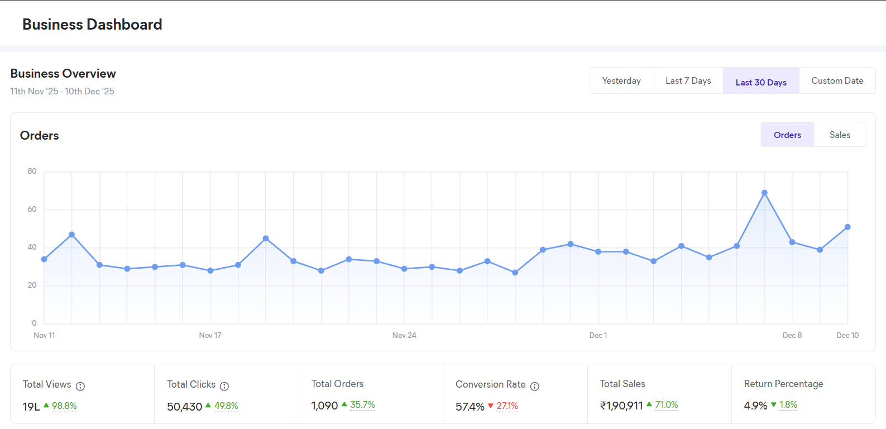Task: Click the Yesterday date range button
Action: [x=621, y=81]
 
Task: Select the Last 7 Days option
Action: [x=688, y=81]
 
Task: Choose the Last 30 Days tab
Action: [x=761, y=82]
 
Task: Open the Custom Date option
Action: [x=837, y=81]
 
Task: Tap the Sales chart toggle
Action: [x=840, y=135]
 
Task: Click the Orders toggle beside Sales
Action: [x=787, y=135]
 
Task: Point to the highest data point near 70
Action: [x=764, y=193]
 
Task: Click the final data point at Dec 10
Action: [x=847, y=227]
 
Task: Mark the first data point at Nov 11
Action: [x=44, y=259]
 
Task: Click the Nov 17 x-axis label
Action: [x=210, y=335]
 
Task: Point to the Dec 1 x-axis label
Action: [x=598, y=335]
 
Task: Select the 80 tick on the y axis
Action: [x=32, y=171]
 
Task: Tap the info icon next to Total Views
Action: [x=80, y=386]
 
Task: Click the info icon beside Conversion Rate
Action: [x=535, y=386]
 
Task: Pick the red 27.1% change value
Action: [x=507, y=406]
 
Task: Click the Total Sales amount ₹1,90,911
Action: [x=621, y=406]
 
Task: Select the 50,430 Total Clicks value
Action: [x=185, y=407]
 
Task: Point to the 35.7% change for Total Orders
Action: [x=362, y=405]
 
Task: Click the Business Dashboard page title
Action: [x=92, y=25]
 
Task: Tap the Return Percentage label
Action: [x=783, y=384]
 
